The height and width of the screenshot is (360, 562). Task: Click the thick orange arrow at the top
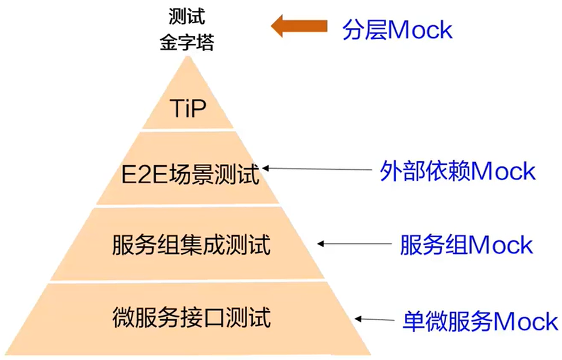pos(300,26)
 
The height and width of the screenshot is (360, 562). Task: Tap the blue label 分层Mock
pos(397,30)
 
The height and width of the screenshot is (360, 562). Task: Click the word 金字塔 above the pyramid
pos(187,43)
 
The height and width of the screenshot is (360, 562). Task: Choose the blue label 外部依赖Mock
pos(458,171)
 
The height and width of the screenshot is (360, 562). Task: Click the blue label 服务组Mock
pos(467,245)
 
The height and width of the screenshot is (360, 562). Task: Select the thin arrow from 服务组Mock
pos(355,245)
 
